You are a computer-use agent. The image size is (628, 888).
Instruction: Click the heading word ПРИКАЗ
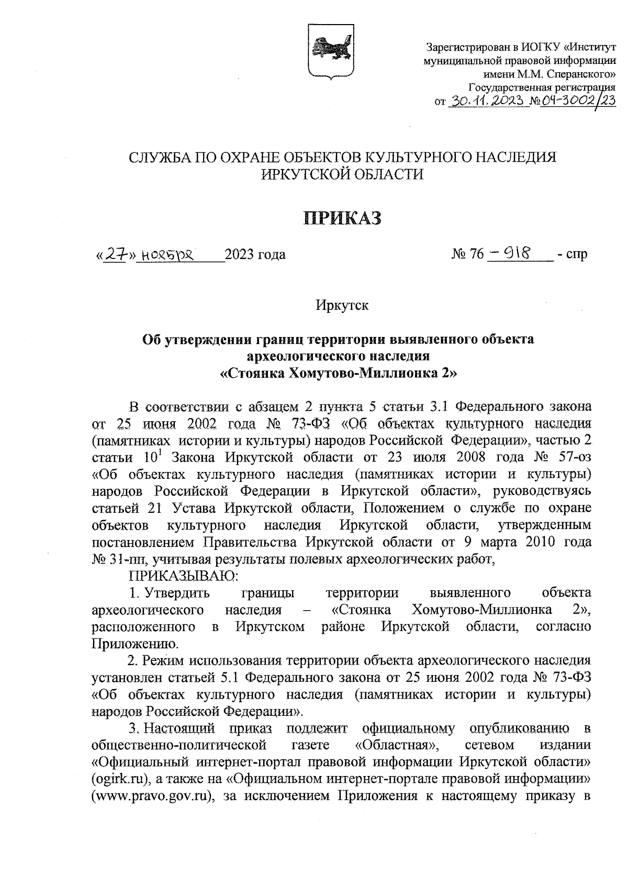(x=343, y=218)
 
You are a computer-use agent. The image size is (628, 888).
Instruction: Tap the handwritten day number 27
(x=116, y=255)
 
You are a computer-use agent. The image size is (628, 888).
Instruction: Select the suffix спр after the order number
(x=576, y=255)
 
